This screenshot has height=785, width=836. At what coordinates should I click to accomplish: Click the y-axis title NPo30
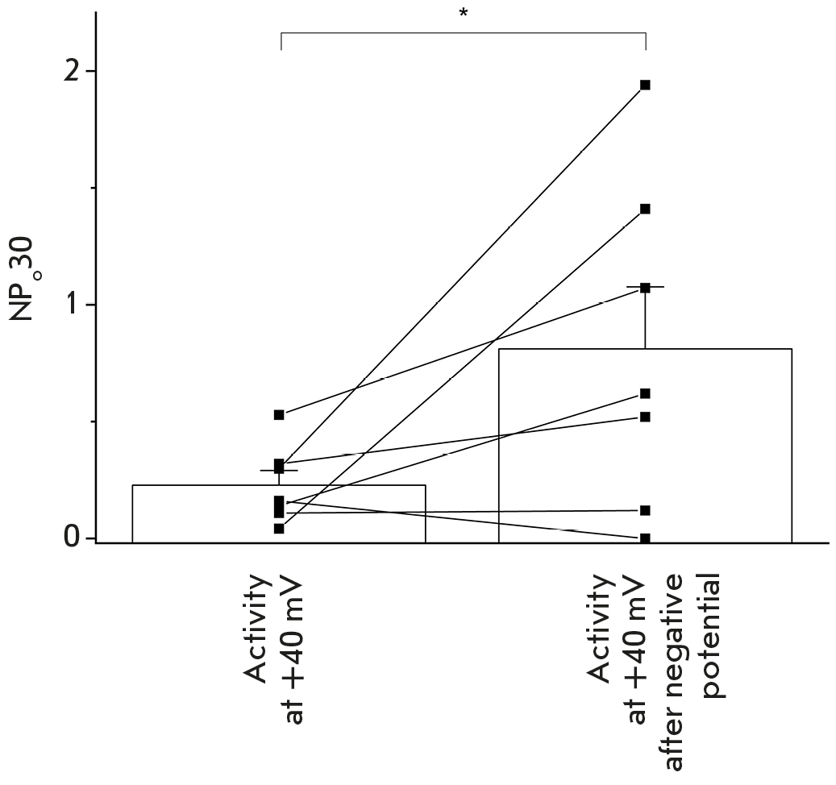(x=23, y=279)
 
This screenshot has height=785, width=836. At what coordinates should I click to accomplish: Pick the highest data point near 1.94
(x=645, y=85)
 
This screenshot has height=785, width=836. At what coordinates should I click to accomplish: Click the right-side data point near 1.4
(x=645, y=209)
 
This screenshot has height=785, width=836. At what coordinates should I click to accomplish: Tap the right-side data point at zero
(x=645, y=538)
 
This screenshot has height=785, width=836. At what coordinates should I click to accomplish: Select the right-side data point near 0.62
(x=645, y=393)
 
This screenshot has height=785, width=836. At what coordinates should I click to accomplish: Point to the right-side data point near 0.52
(x=645, y=417)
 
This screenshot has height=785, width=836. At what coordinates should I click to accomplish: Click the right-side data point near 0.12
(x=645, y=510)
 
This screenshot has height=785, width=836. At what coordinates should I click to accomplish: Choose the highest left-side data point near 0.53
(x=279, y=414)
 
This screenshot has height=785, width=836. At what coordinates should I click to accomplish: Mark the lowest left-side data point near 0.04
(x=279, y=529)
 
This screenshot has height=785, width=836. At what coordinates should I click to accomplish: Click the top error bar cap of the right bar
(x=645, y=287)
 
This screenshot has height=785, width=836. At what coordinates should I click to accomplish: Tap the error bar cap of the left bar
(x=279, y=471)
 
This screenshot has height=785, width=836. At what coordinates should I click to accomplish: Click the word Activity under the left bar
(x=263, y=628)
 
